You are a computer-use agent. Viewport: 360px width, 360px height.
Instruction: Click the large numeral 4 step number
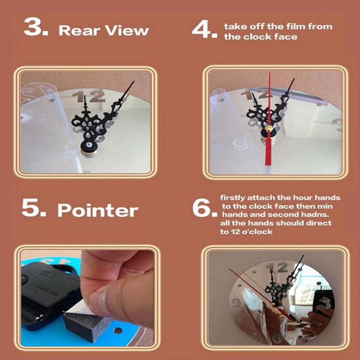pyautogui.click(x=202, y=29)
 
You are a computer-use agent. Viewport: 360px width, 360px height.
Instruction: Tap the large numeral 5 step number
pyautogui.click(x=31, y=207)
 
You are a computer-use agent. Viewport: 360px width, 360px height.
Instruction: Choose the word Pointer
pyautogui.click(x=98, y=210)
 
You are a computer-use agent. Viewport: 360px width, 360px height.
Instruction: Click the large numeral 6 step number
pyautogui.click(x=202, y=208)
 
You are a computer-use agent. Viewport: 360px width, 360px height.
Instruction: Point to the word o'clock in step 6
pyautogui.click(x=257, y=232)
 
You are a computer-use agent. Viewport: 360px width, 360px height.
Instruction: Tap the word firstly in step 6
pyautogui.click(x=233, y=198)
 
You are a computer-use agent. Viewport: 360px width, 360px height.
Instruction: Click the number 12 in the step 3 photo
pyautogui.click(x=89, y=96)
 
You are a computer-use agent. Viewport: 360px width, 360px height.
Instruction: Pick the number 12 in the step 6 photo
pyautogui.click(x=277, y=268)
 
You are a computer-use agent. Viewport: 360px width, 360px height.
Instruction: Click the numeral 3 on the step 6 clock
pyautogui.click(x=324, y=302)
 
